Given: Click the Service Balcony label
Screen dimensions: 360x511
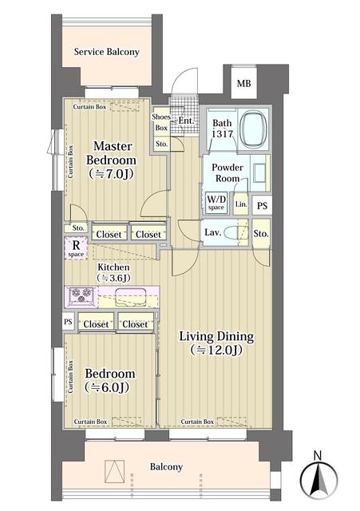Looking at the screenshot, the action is (x=106, y=52).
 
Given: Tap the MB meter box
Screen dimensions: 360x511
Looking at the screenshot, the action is (x=243, y=82).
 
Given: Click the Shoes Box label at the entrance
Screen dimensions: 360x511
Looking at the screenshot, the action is (x=161, y=122).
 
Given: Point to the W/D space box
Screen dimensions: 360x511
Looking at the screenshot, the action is (x=216, y=203).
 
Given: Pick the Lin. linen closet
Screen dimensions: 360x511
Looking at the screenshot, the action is (x=241, y=204).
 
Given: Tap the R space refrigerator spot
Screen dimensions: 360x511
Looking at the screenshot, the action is (x=76, y=248).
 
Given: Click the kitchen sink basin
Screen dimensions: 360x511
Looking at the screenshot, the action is (x=131, y=297).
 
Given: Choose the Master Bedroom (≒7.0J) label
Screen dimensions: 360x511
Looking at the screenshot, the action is (x=111, y=160).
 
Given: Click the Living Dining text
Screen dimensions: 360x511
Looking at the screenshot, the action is (x=216, y=336).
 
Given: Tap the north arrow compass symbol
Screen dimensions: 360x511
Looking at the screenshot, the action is (x=318, y=477).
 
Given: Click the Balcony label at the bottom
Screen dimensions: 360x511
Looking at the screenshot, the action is (x=166, y=466).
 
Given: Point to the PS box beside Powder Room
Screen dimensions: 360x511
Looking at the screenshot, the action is (x=262, y=206).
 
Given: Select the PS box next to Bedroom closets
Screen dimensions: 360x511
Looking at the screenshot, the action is (x=68, y=322).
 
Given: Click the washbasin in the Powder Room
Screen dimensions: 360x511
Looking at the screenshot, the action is (x=259, y=172).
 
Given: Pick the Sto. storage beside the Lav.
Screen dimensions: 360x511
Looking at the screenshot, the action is (x=261, y=233).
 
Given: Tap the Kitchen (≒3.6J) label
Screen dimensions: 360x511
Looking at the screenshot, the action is (x=113, y=272).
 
